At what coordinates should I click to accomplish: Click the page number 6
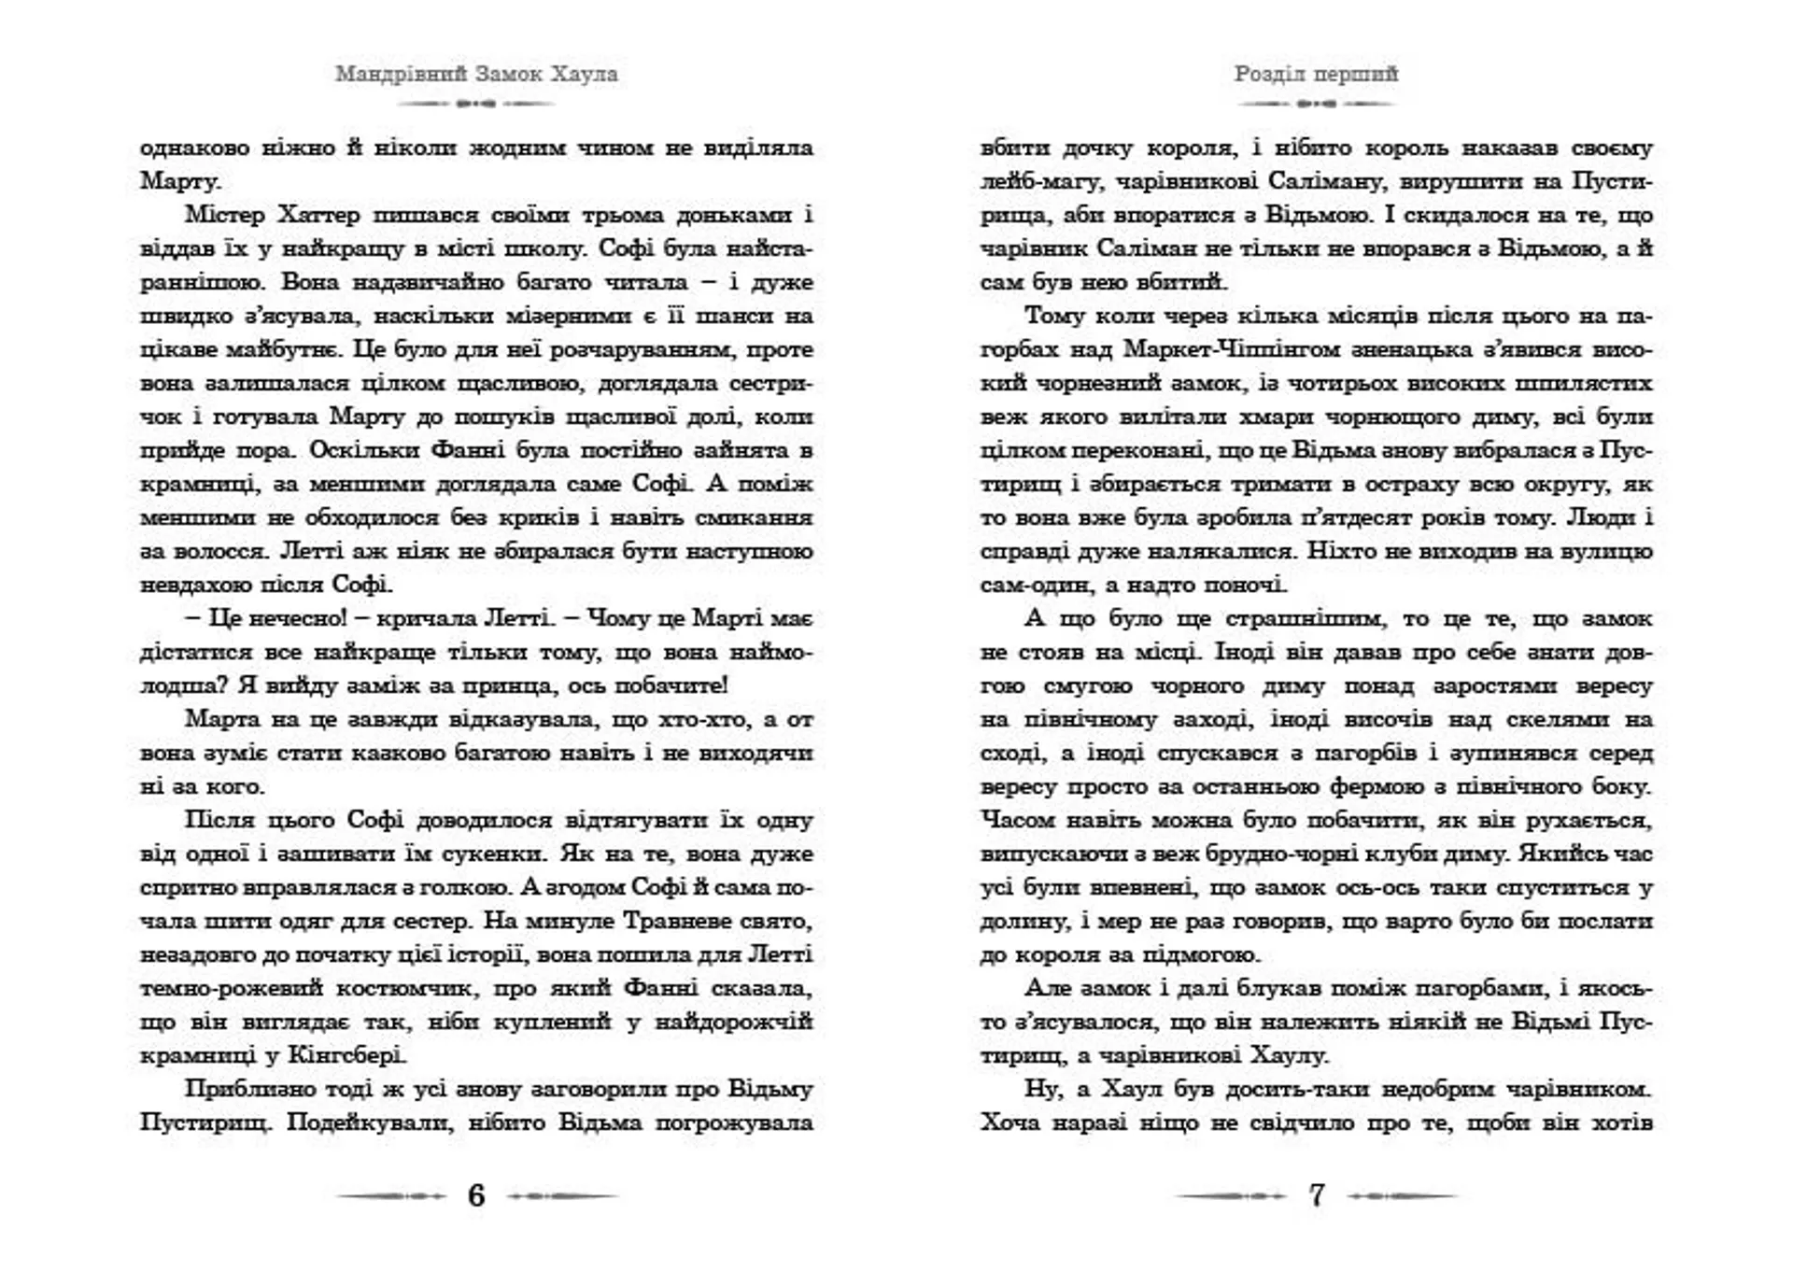coord(476,1195)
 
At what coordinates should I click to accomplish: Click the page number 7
coord(1317,1195)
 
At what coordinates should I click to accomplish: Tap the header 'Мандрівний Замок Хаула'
coord(476,74)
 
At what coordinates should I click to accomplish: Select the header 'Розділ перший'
coord(1316,74)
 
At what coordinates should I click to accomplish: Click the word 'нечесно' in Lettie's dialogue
coord(297,618)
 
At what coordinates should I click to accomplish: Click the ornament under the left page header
coord(476,104)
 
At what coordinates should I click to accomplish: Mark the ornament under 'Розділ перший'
coord(1316,104)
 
